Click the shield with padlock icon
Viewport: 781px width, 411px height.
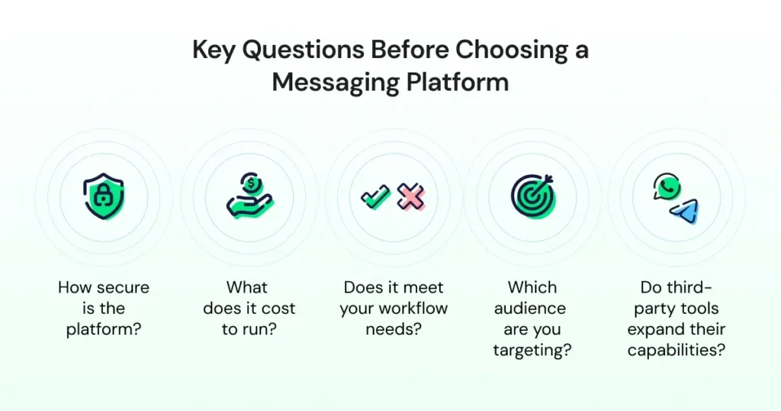tap(103, 196)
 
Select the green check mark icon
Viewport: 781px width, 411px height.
tap(375, 196)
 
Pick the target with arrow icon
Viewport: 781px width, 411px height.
tap(532, 196)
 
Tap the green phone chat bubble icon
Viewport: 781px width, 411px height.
tap(666, 187)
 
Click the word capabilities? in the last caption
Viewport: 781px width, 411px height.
tap(676, 351)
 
